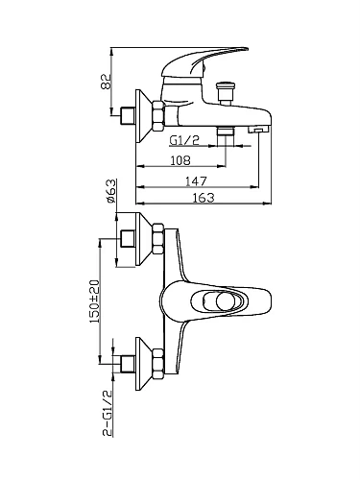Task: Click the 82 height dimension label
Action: [106, 82]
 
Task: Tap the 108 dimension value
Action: [180, 160]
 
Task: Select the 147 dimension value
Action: [197, 181]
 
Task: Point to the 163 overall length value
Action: [204, 198]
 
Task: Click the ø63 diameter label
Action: [110, 191]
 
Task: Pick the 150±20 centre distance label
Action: [95, 301]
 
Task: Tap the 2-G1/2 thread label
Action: [108, 413]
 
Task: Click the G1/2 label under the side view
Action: [184, 140]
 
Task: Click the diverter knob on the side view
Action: [226, 92]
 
